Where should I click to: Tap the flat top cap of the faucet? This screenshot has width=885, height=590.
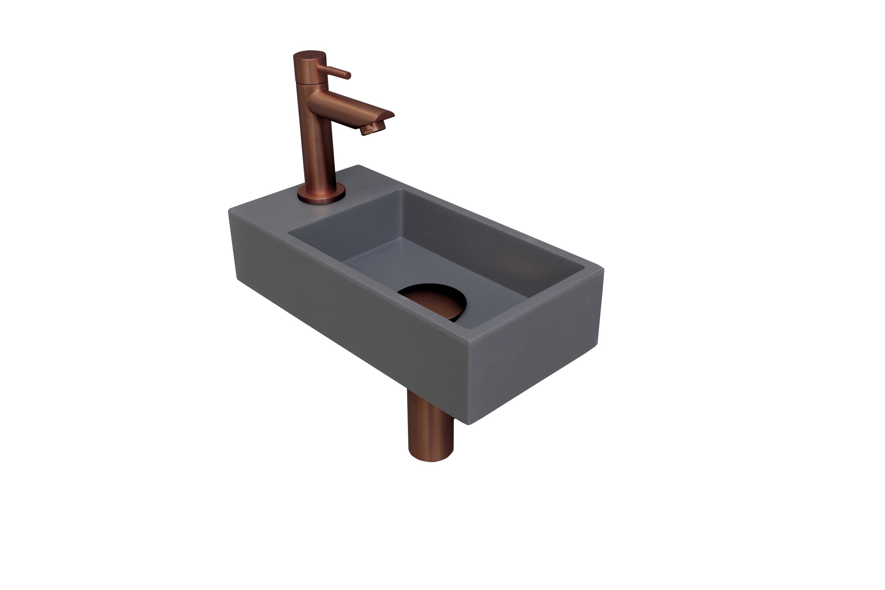click(x=309, y=54)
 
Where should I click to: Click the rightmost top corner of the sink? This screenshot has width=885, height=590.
click(x=602, y=268)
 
